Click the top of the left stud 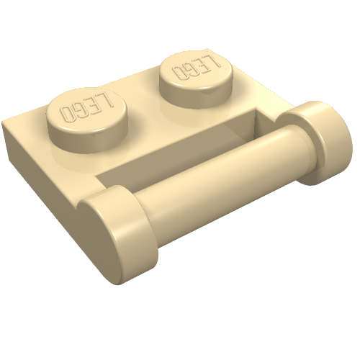click(87, 111)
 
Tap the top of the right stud click(197, 70)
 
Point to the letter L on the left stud click(106, 101)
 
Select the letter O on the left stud click(68, 114)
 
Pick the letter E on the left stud click(93, 105)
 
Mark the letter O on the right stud click(179, 73)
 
